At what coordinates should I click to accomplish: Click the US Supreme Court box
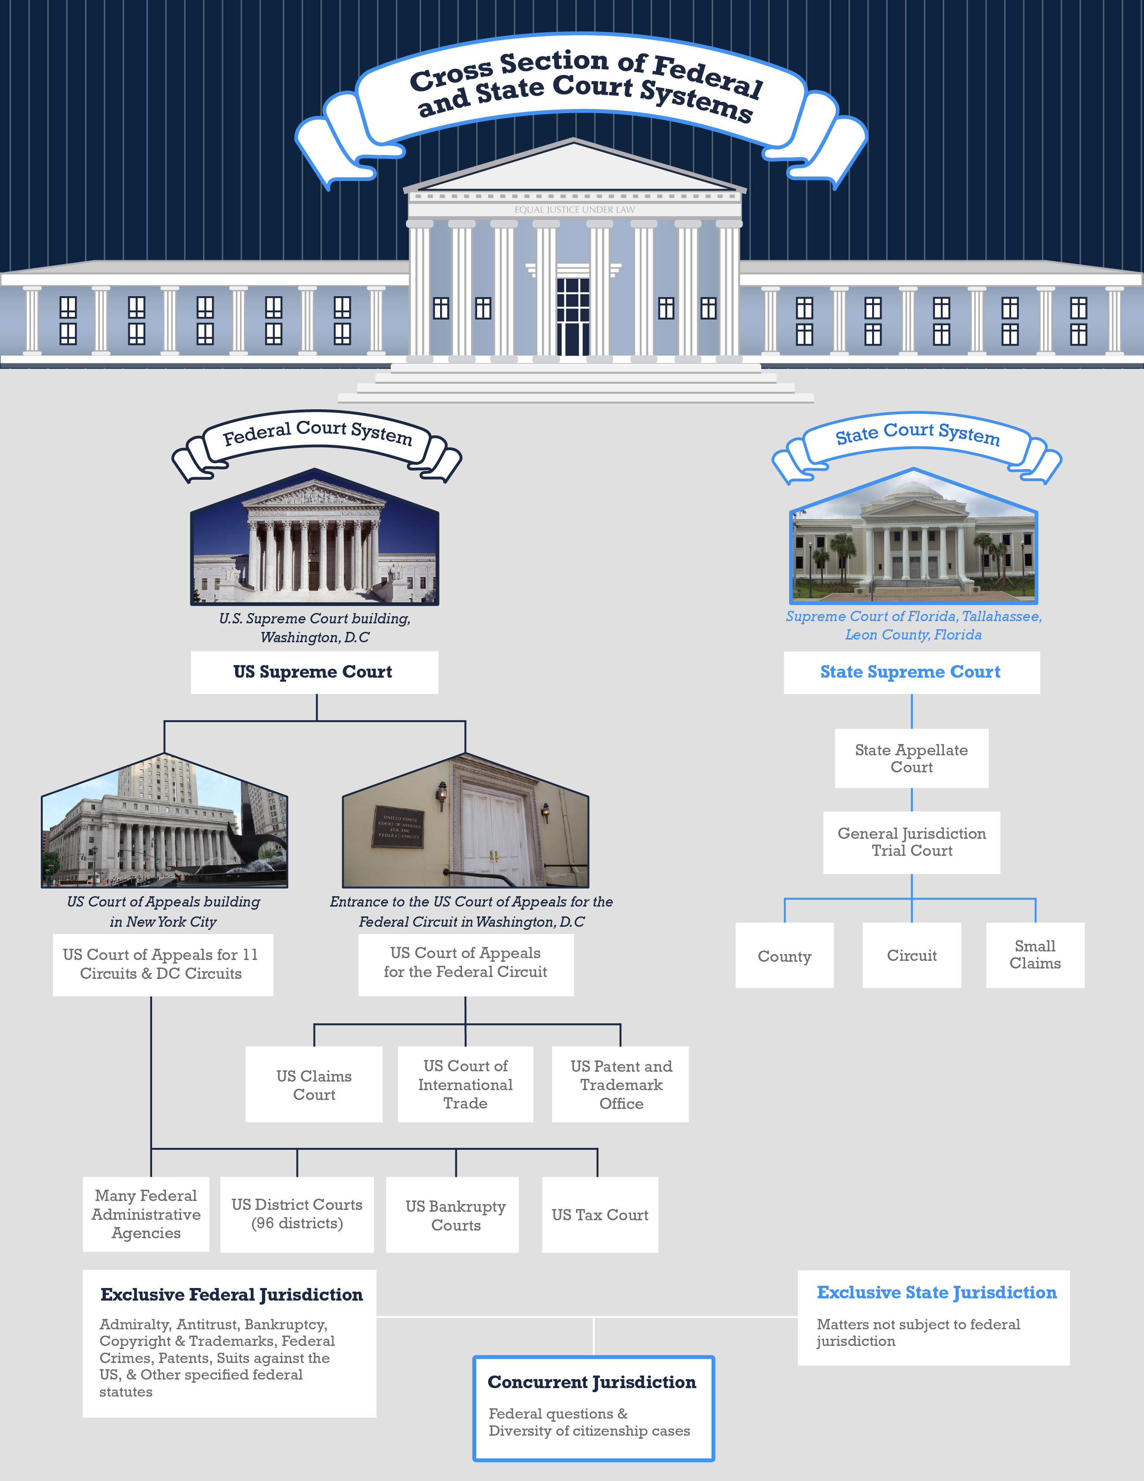314,672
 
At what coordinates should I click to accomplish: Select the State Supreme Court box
911,672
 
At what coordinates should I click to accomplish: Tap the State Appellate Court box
911,758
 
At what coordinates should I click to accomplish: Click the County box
784,955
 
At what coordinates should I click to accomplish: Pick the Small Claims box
1035,955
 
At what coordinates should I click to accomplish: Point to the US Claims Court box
314,1085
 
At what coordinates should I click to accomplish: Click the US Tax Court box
600,1214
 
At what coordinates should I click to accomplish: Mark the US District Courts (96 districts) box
297,1214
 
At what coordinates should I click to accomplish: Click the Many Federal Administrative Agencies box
146,1214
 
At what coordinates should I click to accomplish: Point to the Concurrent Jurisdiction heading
592,1382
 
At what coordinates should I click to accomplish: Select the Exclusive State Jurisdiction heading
936,1293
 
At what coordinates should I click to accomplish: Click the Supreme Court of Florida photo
913,543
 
